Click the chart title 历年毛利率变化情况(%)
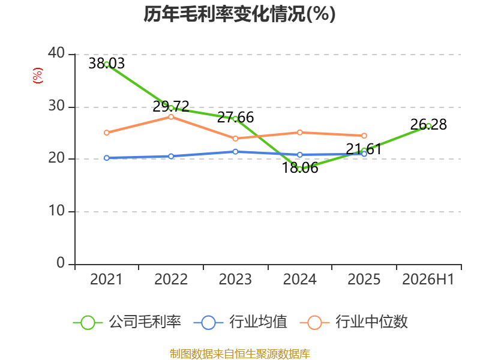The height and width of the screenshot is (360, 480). click(239, 14)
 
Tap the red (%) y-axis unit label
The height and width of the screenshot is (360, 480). click(38, 76)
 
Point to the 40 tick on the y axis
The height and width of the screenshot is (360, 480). click(56, 53)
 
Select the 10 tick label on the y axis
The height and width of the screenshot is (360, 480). click(56, 211)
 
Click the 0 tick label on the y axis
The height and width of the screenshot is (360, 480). click(61, 263)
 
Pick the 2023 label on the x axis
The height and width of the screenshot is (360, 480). click(235, 279)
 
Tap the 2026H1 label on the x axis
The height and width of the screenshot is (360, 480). click(428, 279)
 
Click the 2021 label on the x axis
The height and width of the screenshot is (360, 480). click(106, 279)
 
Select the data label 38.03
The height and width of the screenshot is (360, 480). click(107, 64)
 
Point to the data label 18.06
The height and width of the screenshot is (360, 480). click(299, 168)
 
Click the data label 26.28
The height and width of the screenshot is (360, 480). click(428, 125)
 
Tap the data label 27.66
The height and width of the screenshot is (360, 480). click(235, 117)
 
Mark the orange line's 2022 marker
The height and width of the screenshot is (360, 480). click(171, 116)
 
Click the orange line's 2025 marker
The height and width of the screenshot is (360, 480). click(364, 136)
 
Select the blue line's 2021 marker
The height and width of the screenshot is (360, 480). click(107, 158)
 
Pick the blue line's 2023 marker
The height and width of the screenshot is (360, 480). click(235, 152)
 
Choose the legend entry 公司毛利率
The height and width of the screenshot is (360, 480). click(127, 322)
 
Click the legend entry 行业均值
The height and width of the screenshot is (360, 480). click(241, 322)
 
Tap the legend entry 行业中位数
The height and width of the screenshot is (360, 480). click(354, 322)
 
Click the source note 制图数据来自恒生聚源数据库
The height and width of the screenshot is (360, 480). click(240, 354)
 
